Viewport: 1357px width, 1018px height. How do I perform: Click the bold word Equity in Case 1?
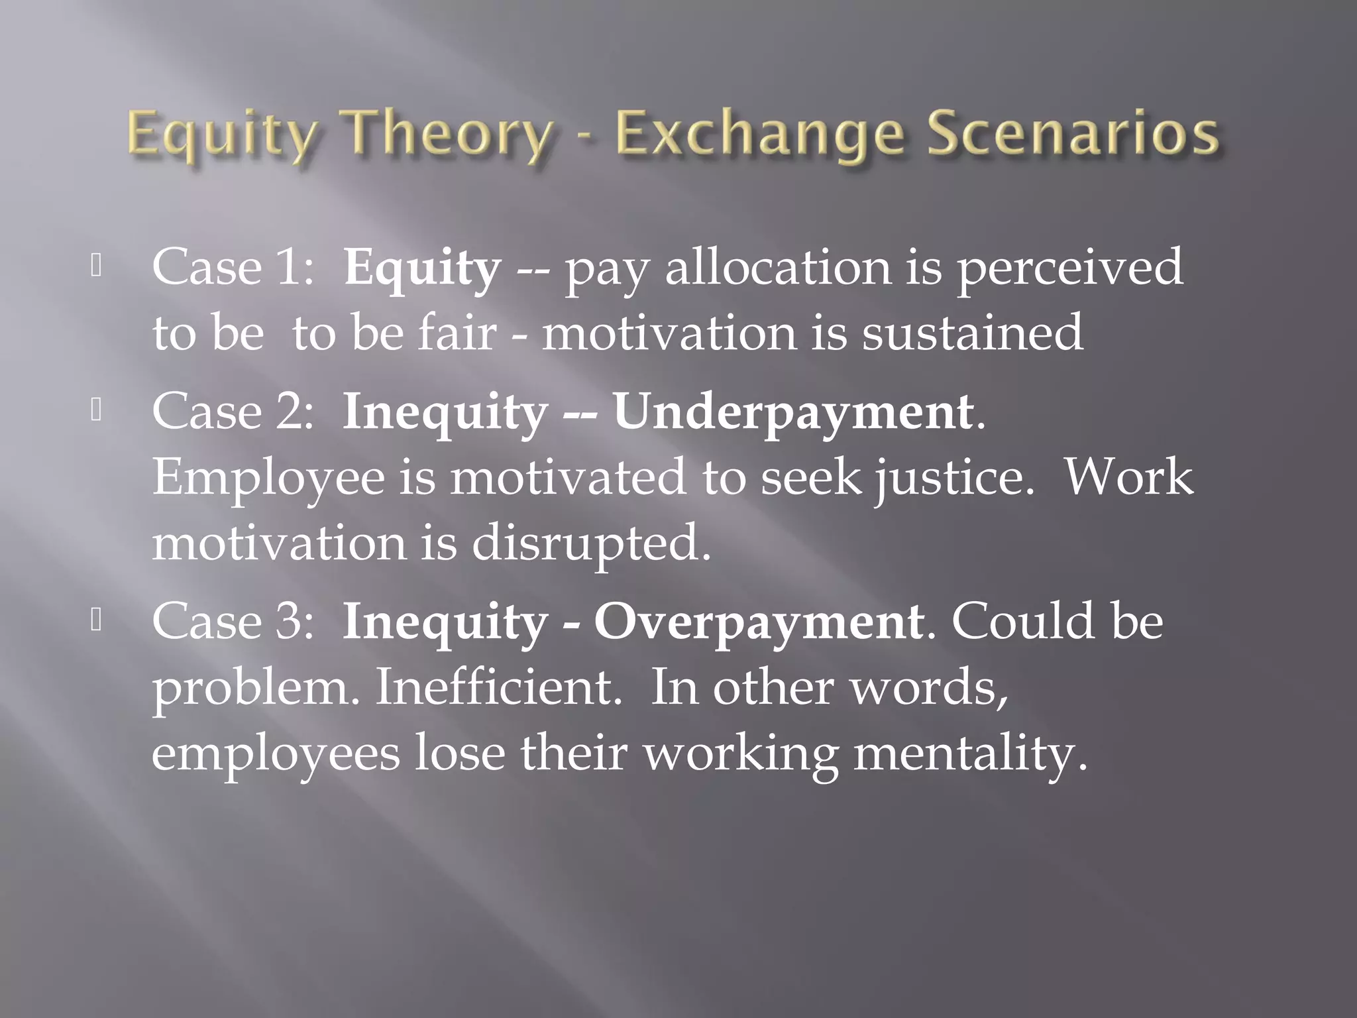[x=422, y=269]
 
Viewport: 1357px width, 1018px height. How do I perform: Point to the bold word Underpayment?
[x=792, y=413]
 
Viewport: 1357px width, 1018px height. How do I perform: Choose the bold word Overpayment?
[x=758, y=623]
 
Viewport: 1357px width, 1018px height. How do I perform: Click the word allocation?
[x=778, y=268]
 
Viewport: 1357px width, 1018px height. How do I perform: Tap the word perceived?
[x=1069, y=269]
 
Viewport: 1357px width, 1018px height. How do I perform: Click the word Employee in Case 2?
[x=268, y=479]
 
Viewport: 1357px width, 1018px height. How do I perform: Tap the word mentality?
[x=970, y=754]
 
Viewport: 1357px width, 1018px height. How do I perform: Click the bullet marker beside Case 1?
[x=96, y=266]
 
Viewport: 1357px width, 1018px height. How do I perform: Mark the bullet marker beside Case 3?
[x=96, y=621]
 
